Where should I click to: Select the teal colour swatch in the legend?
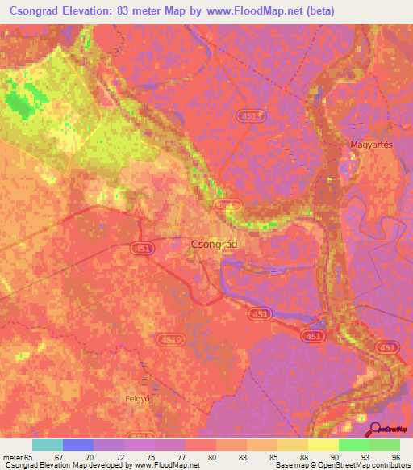coord(48,445)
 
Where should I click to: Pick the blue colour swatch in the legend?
coord(78,445)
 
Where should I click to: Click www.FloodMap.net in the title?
coord(257,11)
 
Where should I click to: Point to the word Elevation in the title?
coord(85,11)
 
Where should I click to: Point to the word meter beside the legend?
coord(11,457)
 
